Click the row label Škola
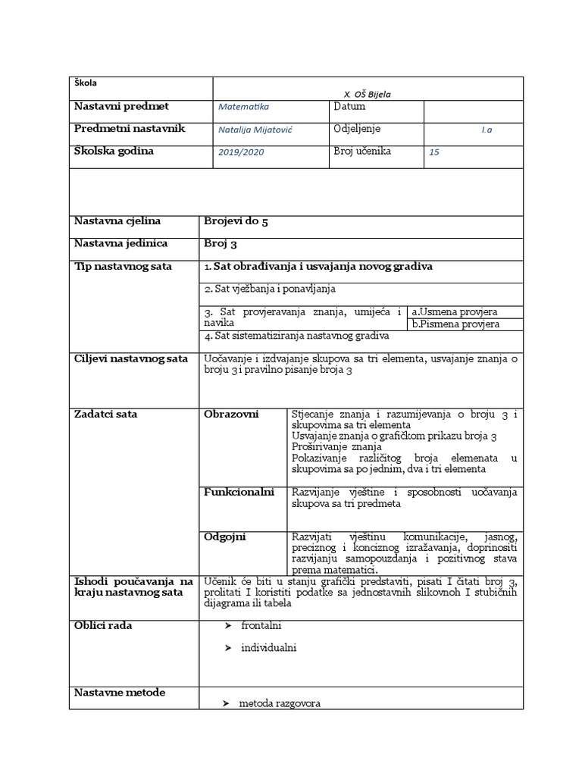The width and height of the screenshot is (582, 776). [x=86, y=83]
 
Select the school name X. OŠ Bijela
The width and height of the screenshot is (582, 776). [x=368, y=94]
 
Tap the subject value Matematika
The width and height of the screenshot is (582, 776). [x=243, y=108]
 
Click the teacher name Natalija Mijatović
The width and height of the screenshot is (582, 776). [x=255, y=130]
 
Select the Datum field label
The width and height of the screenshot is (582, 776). [x=349, y=107]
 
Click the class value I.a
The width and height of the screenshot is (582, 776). [x=487, y=130]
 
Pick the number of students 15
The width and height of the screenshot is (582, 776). [x=434, y=152]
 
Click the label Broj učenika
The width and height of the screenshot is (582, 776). [x=362, y=151]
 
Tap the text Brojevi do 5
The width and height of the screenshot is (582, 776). [x=236, y=221]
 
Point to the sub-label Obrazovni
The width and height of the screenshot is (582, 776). [x=231, y=414]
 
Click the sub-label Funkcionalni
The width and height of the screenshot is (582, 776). [x=239, y=493]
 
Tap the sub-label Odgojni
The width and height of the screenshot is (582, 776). [x=225, y=537]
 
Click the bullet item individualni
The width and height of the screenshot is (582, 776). [x=268, y=648]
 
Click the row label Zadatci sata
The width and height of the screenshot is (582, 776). [x=105, y=414]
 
